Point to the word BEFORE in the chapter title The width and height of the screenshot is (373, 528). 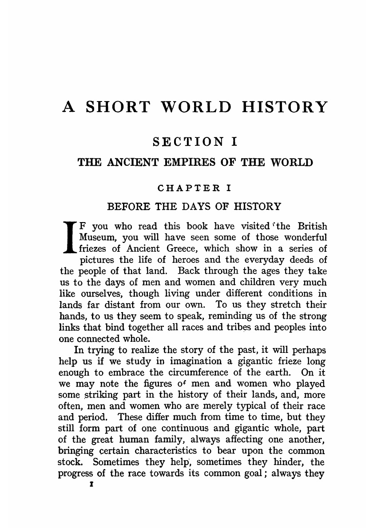(129, 207)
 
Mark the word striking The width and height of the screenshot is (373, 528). (92, 395)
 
